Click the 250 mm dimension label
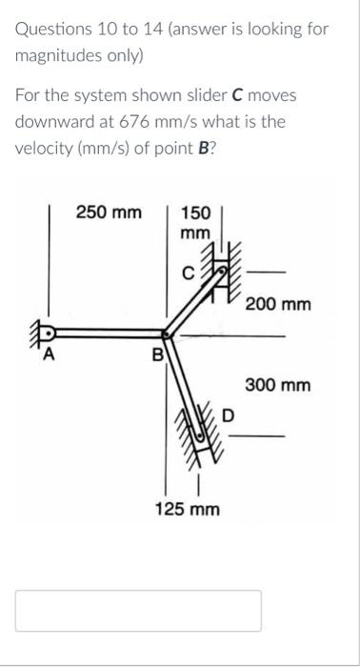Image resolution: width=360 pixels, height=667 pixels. click(x=109, y=212)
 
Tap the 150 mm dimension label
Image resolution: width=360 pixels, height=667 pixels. click(x=195, y=222)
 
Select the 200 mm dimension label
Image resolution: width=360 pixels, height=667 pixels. click(x=278, y=305)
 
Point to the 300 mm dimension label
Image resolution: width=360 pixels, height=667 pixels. click(x=278, y=386)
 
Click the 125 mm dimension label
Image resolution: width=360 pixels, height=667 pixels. click(x=188, y=510)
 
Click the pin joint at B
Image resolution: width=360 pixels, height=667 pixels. click(x=169, y=334)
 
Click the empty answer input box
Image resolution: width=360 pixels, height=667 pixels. click(x=138, y=610)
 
